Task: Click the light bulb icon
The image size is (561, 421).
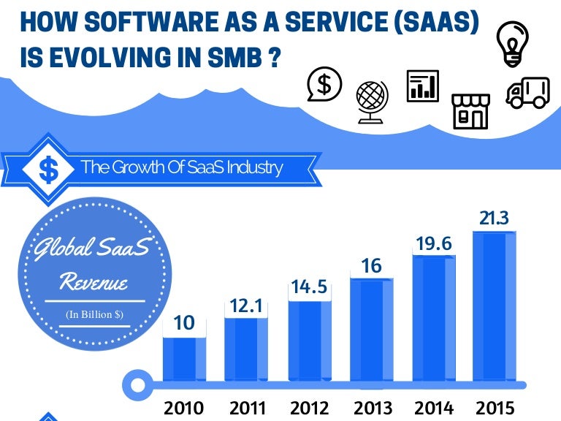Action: pos(513,42)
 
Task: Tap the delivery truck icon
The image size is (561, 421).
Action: pos(527,93)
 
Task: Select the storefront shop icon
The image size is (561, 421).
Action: pos(470,111)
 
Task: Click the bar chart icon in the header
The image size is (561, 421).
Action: pos(422,86)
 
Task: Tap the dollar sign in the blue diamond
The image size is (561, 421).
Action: pos(48,170)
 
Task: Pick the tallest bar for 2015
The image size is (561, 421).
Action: pos(495,306)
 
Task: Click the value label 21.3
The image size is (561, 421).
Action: pos(495,218)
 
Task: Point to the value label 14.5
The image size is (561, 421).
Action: pos(310,287)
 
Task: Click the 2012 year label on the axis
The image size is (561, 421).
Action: pos(310,407)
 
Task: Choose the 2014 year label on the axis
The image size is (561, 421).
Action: pos(433,407)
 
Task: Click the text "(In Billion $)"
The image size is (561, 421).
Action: pos(94,314)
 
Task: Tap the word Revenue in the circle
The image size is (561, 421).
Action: pos(93,282)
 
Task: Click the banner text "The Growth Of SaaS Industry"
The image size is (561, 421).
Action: pos(181,167)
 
